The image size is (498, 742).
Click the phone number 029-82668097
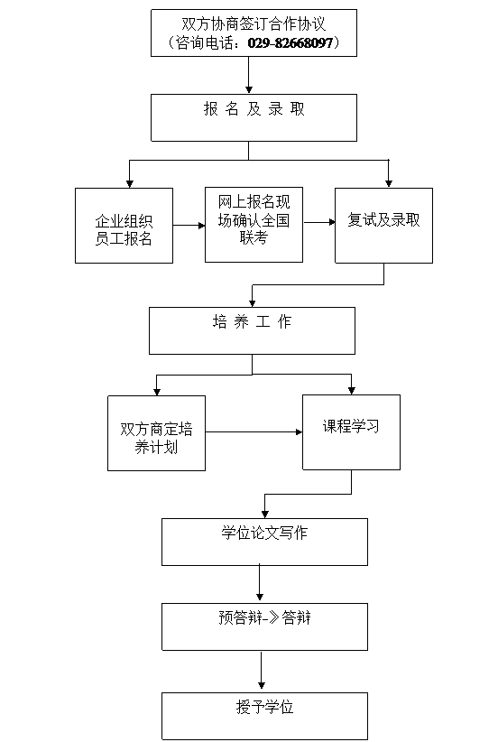[290, 43]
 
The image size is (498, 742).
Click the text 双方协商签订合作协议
[254, 23]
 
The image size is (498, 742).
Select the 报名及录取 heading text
[254, 109]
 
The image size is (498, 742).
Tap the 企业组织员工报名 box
[124, 226]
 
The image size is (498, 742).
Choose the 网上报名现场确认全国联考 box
[254, 225]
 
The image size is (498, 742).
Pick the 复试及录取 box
[384, 226]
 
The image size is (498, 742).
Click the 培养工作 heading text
[252, 321]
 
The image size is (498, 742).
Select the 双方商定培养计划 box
[157, 433]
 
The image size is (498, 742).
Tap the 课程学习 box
[351, 432]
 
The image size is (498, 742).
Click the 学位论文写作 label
[264, 533]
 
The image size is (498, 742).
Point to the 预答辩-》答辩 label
[264, 617]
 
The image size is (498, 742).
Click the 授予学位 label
[264, 707]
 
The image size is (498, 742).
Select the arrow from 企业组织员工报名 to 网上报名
[189, 226]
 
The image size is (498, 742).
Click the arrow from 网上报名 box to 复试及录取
[319, 222]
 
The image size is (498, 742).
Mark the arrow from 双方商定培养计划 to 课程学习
[254, 432]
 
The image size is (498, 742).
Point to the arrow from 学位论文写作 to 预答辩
[259, 583]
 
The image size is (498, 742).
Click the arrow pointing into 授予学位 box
[261, 670]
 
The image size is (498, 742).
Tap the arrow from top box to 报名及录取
[249, 75]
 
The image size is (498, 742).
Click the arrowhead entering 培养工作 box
[252, 303]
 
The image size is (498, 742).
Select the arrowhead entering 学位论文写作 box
[265, 514]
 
